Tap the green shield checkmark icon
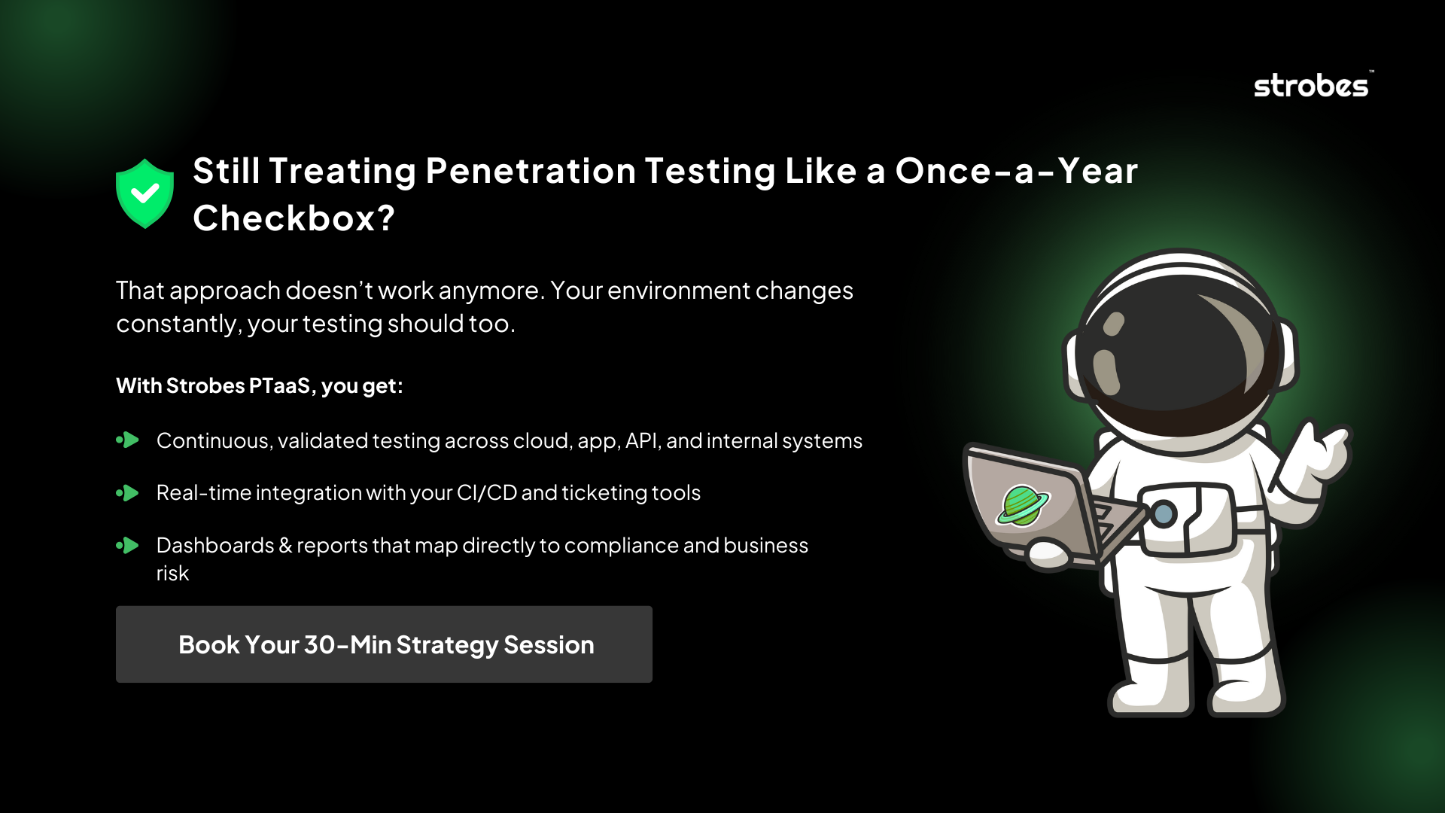[x=144, y=193]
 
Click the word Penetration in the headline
[x=531, y=171]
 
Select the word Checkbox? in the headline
[x=294, y=218]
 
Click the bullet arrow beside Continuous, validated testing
[x=128, y=440]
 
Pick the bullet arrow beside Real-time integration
[x=128, y=493]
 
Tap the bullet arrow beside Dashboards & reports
[x=128, y=545]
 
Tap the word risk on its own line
[x=172, y=574]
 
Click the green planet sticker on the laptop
[x=1022, y=504]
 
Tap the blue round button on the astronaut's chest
[x=1164, y=514]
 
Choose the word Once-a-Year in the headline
[x=1016, y=171]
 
